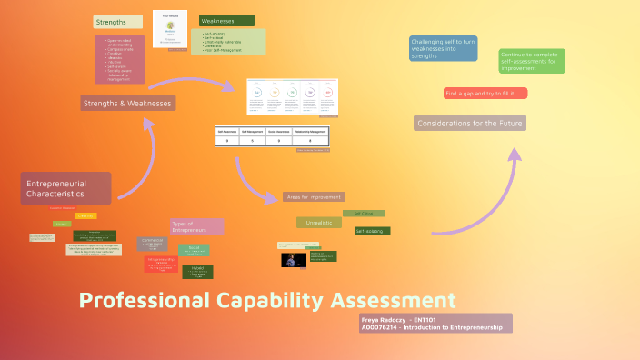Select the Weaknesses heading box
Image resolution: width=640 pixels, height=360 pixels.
pos(226,21)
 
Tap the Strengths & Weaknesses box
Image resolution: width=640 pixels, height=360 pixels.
pos(128,103)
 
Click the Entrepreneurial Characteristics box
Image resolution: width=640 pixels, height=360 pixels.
pos(65,188)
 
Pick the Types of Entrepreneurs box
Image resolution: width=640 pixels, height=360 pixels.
pos(196,225)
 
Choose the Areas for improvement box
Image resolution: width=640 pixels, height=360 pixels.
pos(313,196)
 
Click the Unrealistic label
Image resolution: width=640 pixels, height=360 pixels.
pos(319,222)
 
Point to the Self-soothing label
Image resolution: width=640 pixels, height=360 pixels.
pos(372,231)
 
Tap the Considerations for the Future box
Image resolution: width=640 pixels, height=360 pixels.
pos(469,123)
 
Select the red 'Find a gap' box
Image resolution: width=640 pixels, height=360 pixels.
pos(485,93)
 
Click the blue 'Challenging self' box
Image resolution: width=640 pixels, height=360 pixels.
pos(444,48)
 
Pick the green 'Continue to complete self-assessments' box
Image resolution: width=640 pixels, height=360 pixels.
pos(532,61)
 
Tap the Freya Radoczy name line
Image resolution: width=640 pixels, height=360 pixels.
pos(400,320)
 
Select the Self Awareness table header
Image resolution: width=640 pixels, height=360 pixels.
pos(227,131)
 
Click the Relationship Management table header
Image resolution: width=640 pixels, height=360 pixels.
pos(311,131)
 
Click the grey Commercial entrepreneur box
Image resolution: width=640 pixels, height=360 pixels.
pos(152,244)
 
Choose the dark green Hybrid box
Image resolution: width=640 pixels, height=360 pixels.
pos(197,271)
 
